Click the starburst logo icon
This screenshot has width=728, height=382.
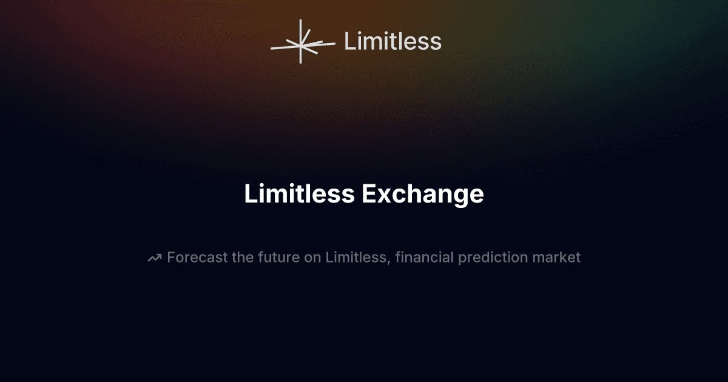pyautogui.click(x=302, y=42)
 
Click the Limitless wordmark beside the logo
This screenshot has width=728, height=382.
pyautogui.click(x=393, y=41)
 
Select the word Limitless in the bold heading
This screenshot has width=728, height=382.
pyautogui.click(x=299, y=193)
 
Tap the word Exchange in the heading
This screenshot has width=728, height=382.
pyautogui.click(x=423, y=194)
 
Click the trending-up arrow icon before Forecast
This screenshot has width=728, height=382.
pyautogui.click(x=155, y=258)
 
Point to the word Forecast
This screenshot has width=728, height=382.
pyautogui.click(x=197, y=257)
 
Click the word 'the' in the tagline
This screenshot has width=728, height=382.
pyautogui.click(x=243, y=257)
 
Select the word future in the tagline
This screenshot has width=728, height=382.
pyautogui.click(x=279, y=257)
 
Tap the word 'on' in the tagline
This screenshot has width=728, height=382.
pyautogui.click(x=312, y=259)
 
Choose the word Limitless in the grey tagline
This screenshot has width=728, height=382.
pyautogui.click(x=356, y=257)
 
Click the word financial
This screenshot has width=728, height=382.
pyautogui.click(x=425, y=257)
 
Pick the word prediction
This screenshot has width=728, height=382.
pyautogui.click(x=493, y=258)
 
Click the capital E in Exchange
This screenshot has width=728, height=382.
pyautogui.click(x=369, y=194)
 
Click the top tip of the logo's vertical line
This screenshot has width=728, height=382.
pyautogui.click(x=301, y=20)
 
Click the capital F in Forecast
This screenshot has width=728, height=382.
pyautogui.click(x=171, y=257)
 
